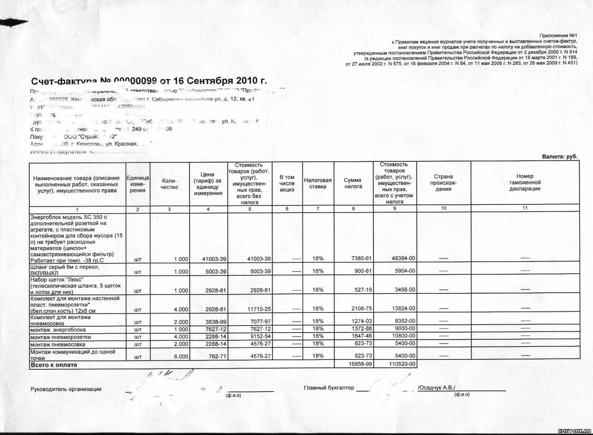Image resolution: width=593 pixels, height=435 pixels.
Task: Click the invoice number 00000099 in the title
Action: click(135, 81)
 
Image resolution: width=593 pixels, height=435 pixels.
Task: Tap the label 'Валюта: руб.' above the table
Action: click(559, 157)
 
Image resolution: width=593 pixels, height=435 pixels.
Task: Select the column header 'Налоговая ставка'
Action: click(318, 183)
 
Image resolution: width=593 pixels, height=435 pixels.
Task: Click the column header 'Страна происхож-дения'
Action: click(443, 183)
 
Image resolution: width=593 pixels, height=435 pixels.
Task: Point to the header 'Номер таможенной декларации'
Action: click(525, 182)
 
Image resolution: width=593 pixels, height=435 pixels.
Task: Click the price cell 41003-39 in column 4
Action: click(214, 259)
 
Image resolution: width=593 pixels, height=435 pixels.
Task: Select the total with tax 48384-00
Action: click(403, 258)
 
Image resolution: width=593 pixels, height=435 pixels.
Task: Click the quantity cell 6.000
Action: click(181, 356)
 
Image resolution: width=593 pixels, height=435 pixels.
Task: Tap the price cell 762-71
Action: click(217, 356)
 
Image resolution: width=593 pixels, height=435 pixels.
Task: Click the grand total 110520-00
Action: click(402, 364)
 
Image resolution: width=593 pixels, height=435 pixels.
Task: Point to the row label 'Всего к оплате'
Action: click(54, 365)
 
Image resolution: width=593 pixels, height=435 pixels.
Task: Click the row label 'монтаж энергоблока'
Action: click(58, 330)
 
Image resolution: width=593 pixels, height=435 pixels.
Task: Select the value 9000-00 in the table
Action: click(405, 328)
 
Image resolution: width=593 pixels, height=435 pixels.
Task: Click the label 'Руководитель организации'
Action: click(66, 389)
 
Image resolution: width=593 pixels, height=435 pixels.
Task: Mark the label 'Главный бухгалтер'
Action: click(329, 388)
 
